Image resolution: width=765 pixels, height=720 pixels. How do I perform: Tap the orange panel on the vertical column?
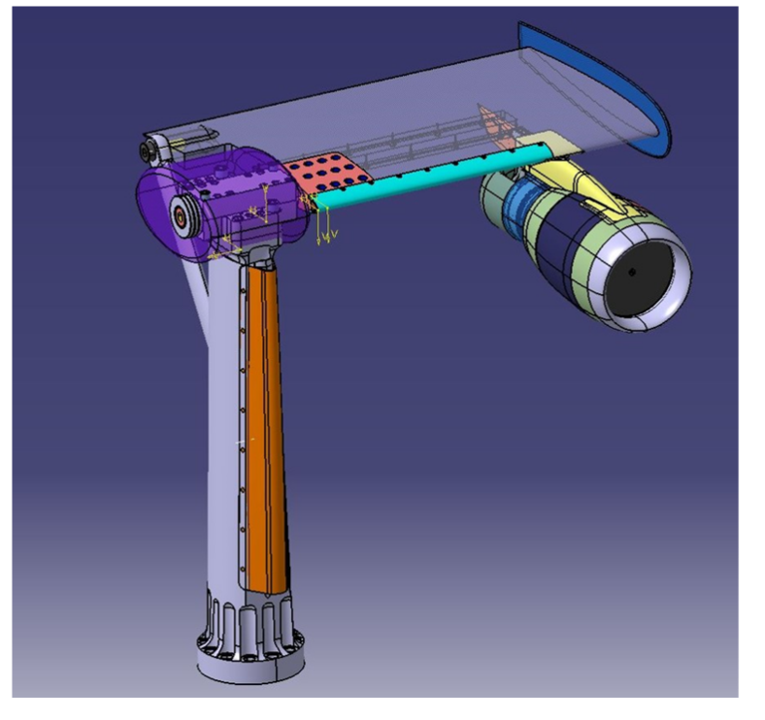point(265,417)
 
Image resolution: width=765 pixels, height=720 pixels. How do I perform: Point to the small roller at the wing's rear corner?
point(150,150)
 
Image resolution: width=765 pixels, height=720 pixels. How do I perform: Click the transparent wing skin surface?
point(388,107)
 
